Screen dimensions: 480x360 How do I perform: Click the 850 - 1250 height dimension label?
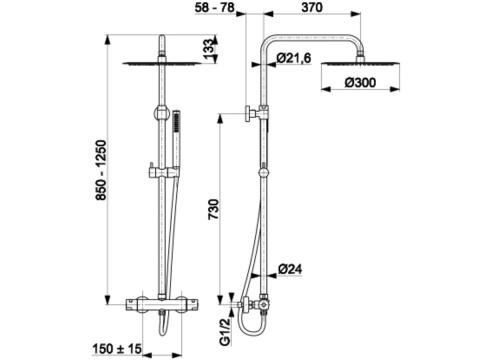[101, 170]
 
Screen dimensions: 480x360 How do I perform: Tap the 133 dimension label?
[208, 49]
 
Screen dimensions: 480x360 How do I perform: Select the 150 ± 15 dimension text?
[117, 349]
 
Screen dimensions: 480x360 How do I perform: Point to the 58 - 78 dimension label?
[215, 7]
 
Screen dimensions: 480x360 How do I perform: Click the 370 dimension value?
[312, 7]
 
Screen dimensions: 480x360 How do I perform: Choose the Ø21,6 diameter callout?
[294, 58]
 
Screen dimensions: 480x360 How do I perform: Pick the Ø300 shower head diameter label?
[360, 82]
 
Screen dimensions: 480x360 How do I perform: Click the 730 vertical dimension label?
[213, 209]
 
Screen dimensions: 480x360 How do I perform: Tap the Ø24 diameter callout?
[290, 269]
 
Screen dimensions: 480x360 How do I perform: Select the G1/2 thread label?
[226, 331]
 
